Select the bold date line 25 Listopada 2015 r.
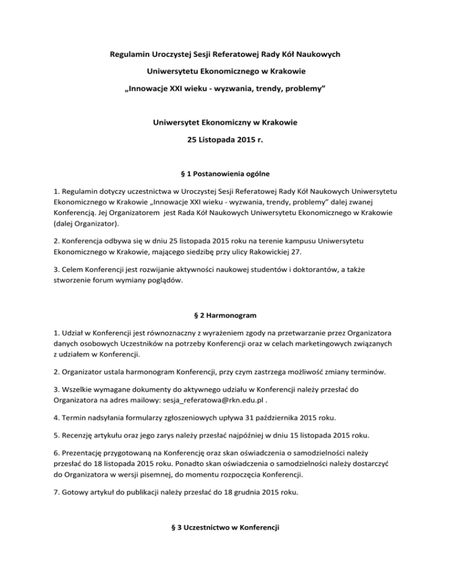[x=225, y=140]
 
